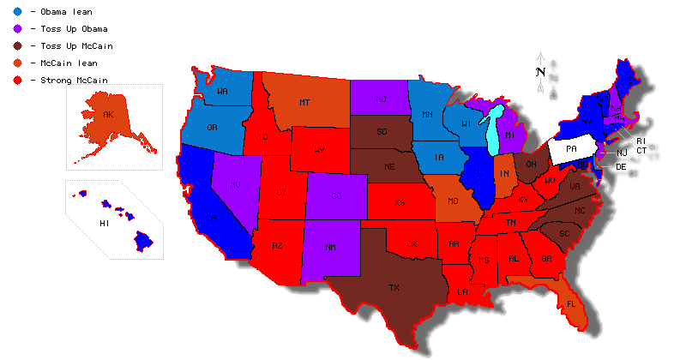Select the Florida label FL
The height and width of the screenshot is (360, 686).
(x=571, y=303)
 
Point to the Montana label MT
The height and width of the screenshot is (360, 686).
(x=304, y=103)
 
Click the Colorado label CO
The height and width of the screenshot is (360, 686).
(x=336, y=196)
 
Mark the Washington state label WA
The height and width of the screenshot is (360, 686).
(x=222, y=92)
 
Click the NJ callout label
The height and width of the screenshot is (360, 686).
(x=623, y=153)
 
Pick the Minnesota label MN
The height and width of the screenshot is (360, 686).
(x=426, y=114)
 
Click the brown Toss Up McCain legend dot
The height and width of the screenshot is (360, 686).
(x=17, y=46)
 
